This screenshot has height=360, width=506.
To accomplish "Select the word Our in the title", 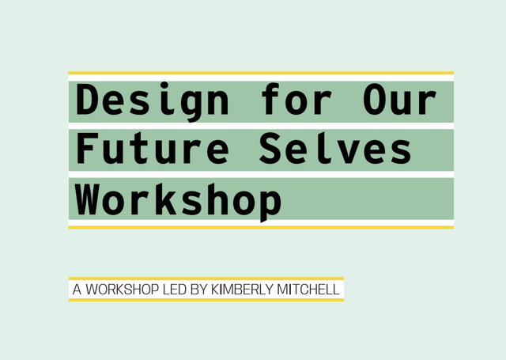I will (x=399, y=102).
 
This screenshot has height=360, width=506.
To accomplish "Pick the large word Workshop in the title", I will (x=179, y=199).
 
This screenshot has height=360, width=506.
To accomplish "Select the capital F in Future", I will (x=89, y=150).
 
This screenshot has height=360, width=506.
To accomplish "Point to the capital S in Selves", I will (x=270, y=150).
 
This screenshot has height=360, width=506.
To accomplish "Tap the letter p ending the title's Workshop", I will (x=269, y=202).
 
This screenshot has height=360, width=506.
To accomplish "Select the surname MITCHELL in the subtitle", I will (x=308, y=290).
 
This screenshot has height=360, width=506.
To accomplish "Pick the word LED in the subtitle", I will (x=174, y=290).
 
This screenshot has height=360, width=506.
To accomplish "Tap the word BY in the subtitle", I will (x=198, y=290).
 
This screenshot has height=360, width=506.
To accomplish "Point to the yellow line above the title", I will (x=261, y=73).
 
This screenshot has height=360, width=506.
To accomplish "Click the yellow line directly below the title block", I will (x=261, y=227).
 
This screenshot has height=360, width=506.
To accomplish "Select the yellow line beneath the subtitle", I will (x=206, y=300).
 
